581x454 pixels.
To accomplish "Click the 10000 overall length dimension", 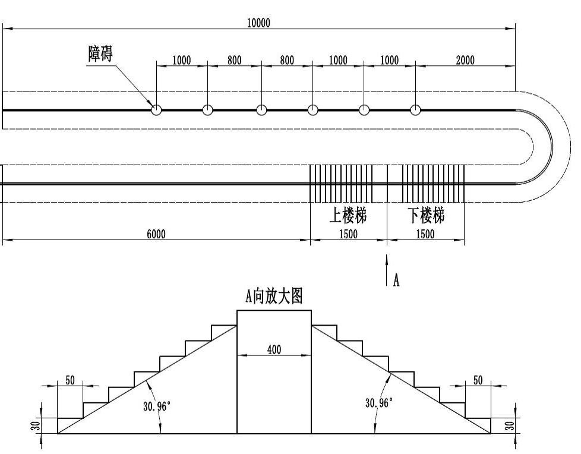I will (x=258, y=23).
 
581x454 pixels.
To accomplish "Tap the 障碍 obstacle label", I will (x=100, y=53).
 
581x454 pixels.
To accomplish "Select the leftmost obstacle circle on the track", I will (x=156, y=109).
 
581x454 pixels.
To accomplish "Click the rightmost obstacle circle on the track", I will (x=415, y=109).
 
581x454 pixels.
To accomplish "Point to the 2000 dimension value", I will (x=465, y=60).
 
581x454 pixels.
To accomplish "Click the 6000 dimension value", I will (x=156, y=234).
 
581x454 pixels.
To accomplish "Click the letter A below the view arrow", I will (x=396, y=280).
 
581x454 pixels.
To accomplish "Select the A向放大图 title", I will (x=274, y=297).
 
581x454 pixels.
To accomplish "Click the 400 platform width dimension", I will (x=274, y=349).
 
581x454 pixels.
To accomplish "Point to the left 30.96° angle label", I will (x=157, y=406).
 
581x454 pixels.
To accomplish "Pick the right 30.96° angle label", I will (x=379, y=403).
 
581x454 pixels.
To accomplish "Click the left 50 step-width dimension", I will (x=70, y=380).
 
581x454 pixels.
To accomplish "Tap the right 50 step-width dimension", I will (x=478, y=380).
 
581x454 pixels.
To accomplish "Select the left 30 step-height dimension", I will (x=36, y=425).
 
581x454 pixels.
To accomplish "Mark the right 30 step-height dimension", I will (x=510, y=425).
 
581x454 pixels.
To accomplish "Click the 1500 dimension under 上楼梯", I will (x=349, y=234).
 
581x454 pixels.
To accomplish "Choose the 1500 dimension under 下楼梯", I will (x=425, y=234).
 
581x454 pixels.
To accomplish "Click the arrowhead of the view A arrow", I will (x=387, y=258).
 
